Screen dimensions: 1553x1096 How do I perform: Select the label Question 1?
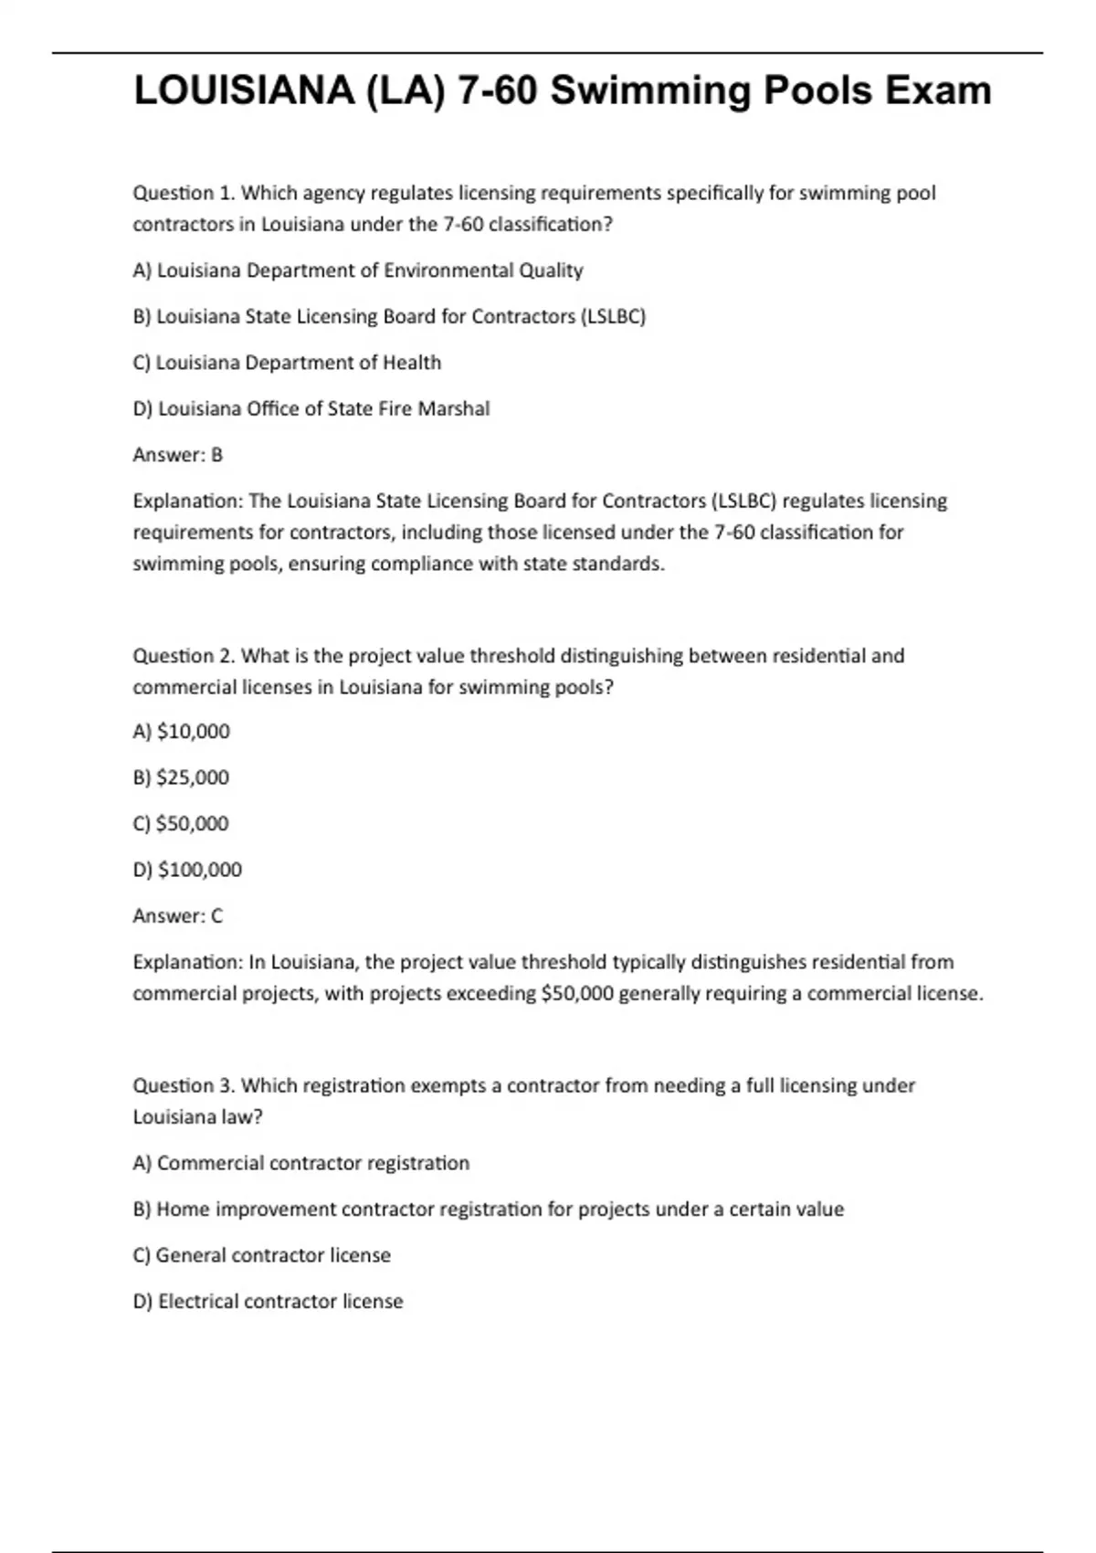[x=184, y=193]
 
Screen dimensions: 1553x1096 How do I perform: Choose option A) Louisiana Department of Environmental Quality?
[x=357, y=270]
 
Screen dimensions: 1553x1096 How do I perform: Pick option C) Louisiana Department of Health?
[x=287, y=363]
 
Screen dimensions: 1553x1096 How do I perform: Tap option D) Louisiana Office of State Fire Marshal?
[x=311, y=408]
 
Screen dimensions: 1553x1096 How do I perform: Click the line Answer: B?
[x=177, y=455]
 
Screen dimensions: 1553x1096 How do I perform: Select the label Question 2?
[x=184, y=656]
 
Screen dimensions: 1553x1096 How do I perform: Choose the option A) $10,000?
[x=181, y=732]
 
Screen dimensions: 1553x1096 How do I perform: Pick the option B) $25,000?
[x=181, y=777]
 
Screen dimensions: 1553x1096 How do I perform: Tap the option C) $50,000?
[x=181, y=823]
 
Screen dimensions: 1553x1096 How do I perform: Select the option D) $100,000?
[x=187, y=870]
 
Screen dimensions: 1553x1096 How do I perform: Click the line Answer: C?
[x=177, y=915]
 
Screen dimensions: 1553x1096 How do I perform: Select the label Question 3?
[x=184, y=1085]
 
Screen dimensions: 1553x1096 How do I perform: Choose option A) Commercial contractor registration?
[x=300, y=1163]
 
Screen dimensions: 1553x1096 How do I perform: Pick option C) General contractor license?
[x=261, y=1255]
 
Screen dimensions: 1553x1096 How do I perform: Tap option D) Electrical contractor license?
[x=268, y=1301]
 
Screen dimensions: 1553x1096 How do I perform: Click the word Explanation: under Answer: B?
[x=187, y=502]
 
